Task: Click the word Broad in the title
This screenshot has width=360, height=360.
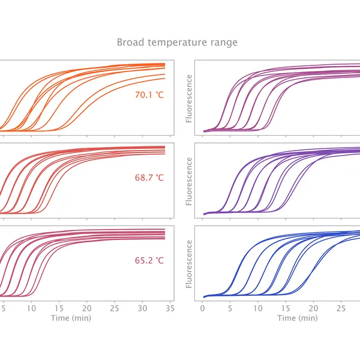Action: click(130, 43)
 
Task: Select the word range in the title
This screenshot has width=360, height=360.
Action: click(225, 43)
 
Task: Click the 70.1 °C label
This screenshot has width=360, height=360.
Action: click(149, 94)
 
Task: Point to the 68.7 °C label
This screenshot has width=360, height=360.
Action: click(149, 178)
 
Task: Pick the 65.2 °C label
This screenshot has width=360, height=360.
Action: click(149, 260)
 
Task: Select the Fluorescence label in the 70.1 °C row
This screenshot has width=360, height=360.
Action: click(190, 98)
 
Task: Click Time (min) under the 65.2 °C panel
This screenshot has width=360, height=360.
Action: click(71, 318)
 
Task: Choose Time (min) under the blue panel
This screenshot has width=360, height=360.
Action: click(297, 318)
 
